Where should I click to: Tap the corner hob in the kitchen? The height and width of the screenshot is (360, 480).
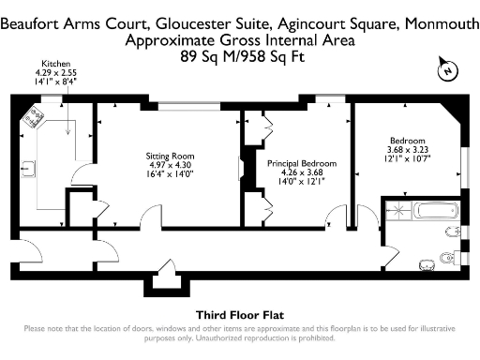pyautogui.click(x=37, y=117)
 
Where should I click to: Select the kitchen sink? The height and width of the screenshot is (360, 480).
pyautogui.click(x=29, y=169)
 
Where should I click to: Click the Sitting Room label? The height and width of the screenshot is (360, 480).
pyautogui.click(x=169, y=156)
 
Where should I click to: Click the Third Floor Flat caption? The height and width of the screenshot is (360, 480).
pyautogui.click(x=239, y=314)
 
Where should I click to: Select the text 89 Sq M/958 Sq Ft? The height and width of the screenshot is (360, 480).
pyautogui.click(x=239, y=55)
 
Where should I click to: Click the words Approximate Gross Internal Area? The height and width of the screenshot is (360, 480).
pyautogui.click(x=239, y=42)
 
